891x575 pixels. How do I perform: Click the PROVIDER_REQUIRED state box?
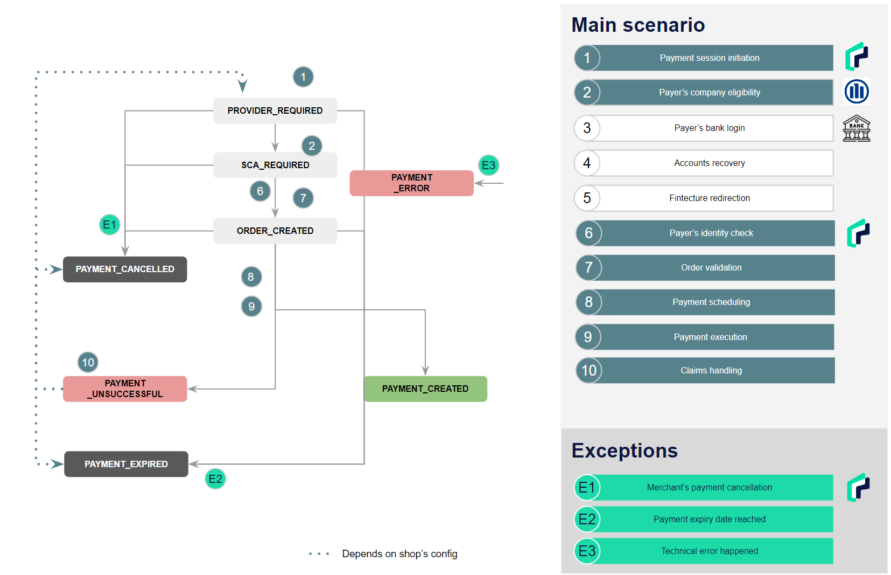275,110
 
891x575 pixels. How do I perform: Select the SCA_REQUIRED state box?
275,165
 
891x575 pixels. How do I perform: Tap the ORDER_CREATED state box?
275,231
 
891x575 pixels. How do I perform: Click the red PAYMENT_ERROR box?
412,183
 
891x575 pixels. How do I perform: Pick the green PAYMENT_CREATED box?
426,389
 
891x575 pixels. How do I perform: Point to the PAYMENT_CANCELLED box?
125,269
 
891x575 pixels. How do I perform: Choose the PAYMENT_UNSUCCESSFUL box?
125,389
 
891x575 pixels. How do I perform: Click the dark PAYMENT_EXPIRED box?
126,464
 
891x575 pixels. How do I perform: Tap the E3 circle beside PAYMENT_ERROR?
488,165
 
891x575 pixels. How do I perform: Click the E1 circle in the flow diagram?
109,225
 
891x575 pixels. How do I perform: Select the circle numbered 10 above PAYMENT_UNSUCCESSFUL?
88,362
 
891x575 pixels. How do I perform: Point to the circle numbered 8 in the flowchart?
251,277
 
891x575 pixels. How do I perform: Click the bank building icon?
857,128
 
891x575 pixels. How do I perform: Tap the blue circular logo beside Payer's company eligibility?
857,92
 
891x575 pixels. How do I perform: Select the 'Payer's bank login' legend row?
704,128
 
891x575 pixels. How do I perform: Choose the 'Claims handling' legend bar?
705,370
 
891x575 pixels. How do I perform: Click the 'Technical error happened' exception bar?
704,551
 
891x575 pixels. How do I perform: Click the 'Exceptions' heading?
625,451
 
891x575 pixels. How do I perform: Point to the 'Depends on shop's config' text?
400,554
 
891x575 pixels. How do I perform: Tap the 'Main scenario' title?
638,25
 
